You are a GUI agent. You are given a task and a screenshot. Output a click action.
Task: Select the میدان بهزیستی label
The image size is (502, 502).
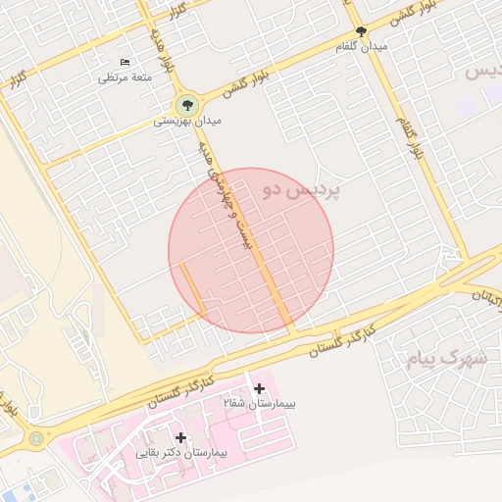point(187,122)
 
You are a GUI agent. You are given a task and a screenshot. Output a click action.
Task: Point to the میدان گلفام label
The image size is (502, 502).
point(362,46)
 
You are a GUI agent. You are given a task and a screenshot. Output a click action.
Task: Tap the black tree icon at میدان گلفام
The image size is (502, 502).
point(362,31)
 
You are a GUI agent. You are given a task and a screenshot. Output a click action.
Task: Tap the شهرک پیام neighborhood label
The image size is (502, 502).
point(447,358)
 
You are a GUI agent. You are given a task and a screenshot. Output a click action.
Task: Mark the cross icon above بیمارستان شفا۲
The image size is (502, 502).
point(259,389)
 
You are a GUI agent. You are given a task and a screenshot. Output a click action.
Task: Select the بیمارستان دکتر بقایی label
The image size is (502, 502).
point(181,453)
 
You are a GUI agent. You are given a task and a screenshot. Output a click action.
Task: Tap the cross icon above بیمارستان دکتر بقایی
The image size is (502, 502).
point(180,437)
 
